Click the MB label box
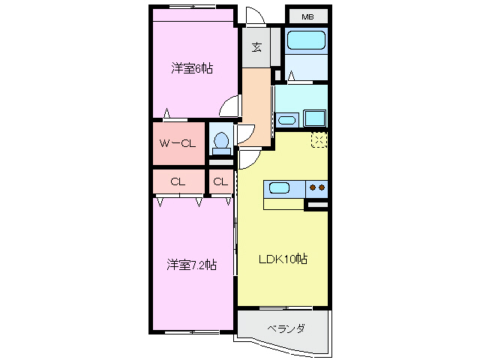[307, 16]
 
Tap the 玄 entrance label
[256, 47]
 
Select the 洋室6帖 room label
[192, 69]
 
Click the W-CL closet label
[178, 143]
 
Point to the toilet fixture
[220, 142]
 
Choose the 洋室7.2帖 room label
[192, 265]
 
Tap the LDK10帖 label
[283, 259]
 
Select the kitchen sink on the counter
[280, 188]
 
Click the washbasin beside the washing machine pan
[286, 119]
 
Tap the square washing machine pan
[314, 118]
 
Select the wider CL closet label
[178, 181]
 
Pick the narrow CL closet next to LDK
[220, 181]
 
